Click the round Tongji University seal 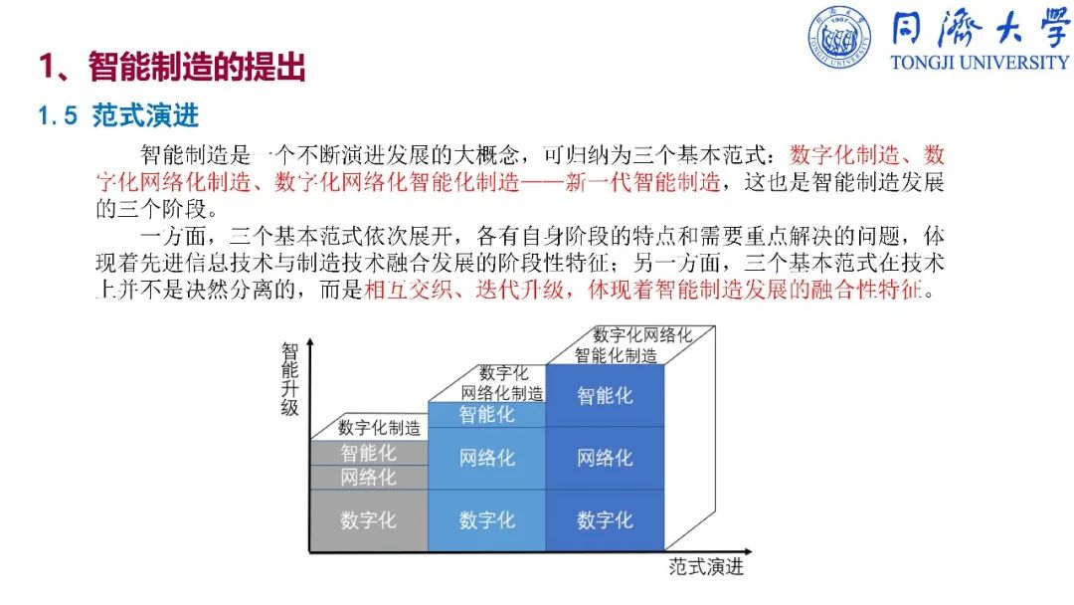click(x=839, y=37)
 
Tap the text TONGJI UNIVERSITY click(x=980, y=63)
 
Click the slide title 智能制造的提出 click(x=197, y=67)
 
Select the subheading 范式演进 click(x=145, y=115)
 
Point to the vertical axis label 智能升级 click(x=290, y=379)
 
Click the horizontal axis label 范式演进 click(x=706, y=566)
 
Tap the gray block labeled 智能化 click(x=369, y=453)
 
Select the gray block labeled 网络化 click(x=369, y=478)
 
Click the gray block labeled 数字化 click(x=369, y=520)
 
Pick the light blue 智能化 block click(x=487, y=415)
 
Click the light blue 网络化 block click(x=487, y=458)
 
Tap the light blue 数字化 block click(x=487, y=520)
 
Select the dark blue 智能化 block click(x=605, y=395)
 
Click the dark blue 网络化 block click(x=605, y=458)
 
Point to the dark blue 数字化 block click(x=605, y=520)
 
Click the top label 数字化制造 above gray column click(x=379, y=428)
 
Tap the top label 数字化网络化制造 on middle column click(x=503, y=383)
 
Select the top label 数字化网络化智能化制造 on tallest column click(x=633, y=344)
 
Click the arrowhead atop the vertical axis click(x=310, y=342)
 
